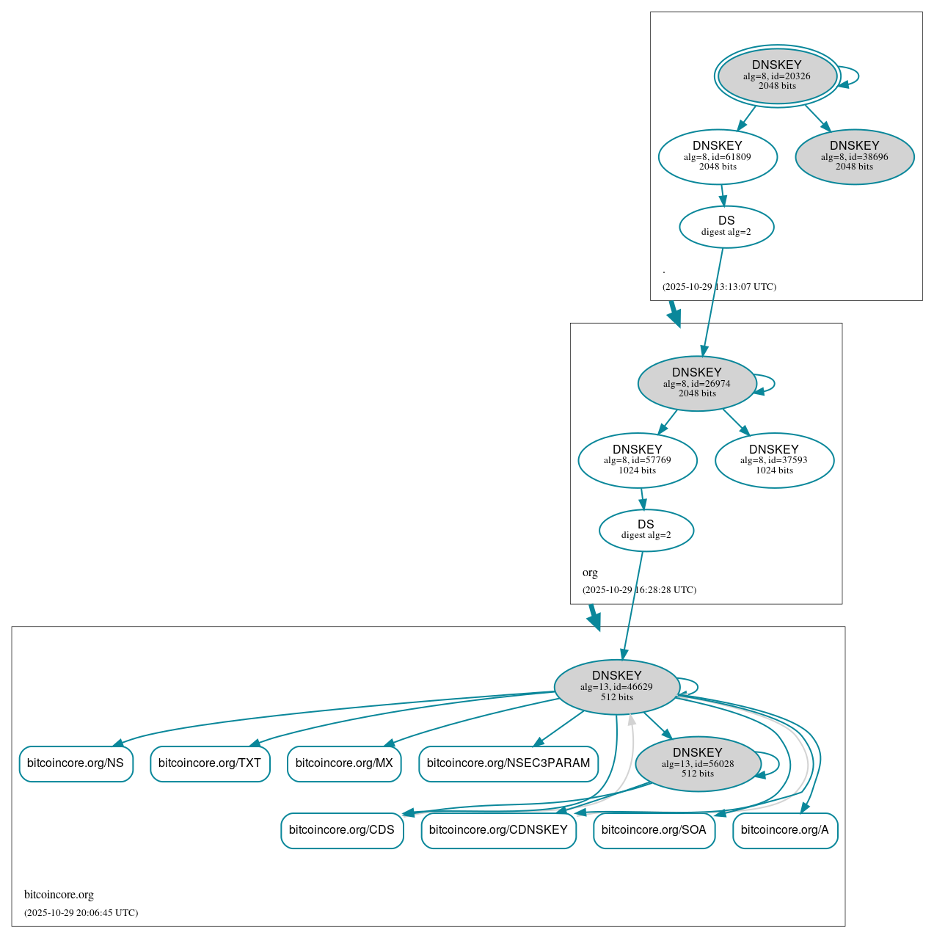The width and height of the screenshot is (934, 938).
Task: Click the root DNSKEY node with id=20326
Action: [777, 76]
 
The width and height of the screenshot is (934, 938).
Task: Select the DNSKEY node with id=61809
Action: [718, 156]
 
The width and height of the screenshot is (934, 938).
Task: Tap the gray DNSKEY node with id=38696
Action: [854, 156]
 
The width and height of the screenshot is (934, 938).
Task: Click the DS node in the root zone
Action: [726, 226]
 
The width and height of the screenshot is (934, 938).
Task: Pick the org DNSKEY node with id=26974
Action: [696, 383]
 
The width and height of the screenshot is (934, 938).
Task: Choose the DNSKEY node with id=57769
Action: [637, 460]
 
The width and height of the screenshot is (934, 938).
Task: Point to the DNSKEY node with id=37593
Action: [774, 460]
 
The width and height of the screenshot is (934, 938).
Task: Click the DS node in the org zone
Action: [646, 530]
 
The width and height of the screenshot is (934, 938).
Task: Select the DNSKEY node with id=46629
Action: [616, 686]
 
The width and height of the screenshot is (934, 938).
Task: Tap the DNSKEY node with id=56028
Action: [697, 763]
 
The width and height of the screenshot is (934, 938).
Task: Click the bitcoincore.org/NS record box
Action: [76, 763]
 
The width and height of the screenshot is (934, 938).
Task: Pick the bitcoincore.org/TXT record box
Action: [210, 763]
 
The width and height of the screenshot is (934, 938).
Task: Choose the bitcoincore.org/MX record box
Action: [344, 763]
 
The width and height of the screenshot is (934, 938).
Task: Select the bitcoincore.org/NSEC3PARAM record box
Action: [508, 763]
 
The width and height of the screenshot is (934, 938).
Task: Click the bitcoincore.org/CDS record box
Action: [342, 830]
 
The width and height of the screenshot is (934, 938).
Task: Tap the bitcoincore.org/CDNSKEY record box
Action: [498, 830]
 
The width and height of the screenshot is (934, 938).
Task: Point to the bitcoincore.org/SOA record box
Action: [654, 830]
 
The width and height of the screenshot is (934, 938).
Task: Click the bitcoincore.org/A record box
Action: [785, 830]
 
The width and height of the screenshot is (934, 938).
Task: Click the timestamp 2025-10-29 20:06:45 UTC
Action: [81, 913]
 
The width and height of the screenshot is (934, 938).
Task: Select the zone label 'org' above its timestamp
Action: [590, 572]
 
